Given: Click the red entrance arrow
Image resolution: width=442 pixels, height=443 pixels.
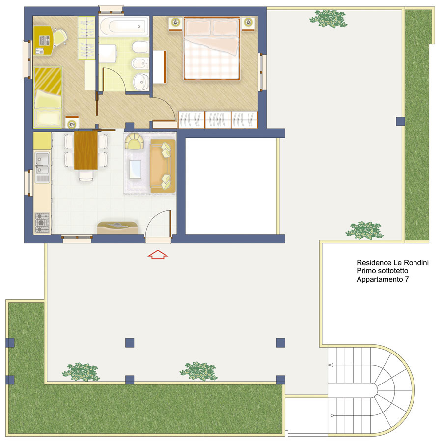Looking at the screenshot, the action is [158, 254].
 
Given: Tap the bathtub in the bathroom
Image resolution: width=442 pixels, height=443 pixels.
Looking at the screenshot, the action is [124, 26].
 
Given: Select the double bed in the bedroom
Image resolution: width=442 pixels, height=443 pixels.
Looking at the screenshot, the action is [211, 48].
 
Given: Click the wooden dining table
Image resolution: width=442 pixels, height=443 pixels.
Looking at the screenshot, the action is [86, 150].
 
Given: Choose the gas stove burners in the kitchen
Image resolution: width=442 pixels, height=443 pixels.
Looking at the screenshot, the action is [42, 223].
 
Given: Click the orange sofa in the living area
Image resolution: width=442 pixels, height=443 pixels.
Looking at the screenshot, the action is [163, 166].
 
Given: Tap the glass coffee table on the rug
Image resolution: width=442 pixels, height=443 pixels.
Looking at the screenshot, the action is [135, 170].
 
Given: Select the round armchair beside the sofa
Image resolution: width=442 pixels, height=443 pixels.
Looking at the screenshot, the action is [134, 141].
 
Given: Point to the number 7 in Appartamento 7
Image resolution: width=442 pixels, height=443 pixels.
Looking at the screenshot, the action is [407, 279].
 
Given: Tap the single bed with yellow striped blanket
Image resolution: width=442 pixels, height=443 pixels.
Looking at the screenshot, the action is [48, 97].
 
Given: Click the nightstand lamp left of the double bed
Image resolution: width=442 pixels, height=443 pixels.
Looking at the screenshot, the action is [176, 22].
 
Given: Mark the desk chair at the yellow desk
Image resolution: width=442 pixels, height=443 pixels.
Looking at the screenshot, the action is [60, 37].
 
